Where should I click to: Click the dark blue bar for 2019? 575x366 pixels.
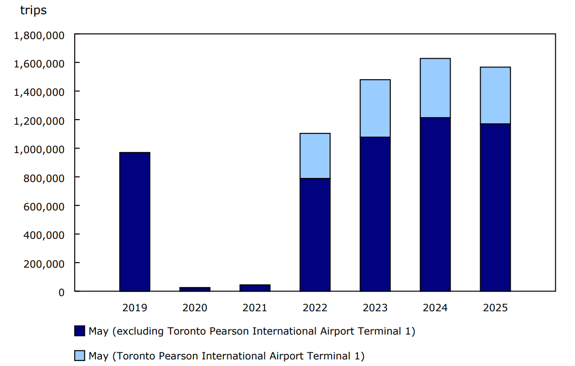[x=134, y=222]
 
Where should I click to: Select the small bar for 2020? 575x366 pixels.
[x=195, y=289]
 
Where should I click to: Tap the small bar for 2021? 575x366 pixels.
[x=255, y=288]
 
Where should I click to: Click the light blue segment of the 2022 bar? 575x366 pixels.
[x=315, y=156]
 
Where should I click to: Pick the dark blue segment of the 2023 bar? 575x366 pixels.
[x=375, y=214]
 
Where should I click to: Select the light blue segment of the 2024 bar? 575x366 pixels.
[x=435, y=88]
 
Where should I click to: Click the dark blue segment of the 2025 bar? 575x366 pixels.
[x=495, y=207]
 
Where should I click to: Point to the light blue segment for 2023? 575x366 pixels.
[x=375, y=108]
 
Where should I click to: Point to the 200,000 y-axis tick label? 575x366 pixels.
[x=45, y=264]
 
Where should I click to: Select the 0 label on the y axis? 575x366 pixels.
[x=61, y=292]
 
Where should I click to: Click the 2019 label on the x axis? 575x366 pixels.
[x=134, y=308]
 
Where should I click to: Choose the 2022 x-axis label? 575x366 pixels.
[x=315, y=308]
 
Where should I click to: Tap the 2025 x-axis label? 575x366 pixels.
[x=495, y=308]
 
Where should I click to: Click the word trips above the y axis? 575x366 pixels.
[x=33, y=10]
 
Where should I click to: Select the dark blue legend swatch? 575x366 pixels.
[x=79, y=331]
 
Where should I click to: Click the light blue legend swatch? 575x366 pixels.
[x=79, y=356]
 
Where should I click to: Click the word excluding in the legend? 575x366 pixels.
[x=136, y=332]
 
